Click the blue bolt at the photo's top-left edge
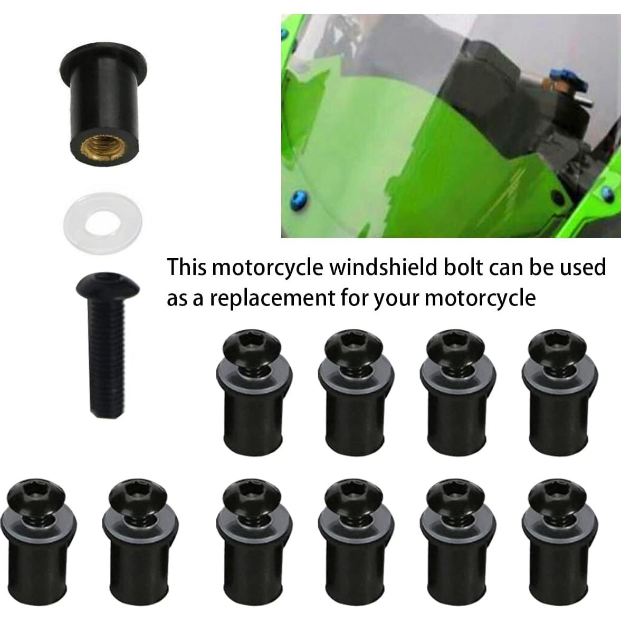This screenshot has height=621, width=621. (285, 34)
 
